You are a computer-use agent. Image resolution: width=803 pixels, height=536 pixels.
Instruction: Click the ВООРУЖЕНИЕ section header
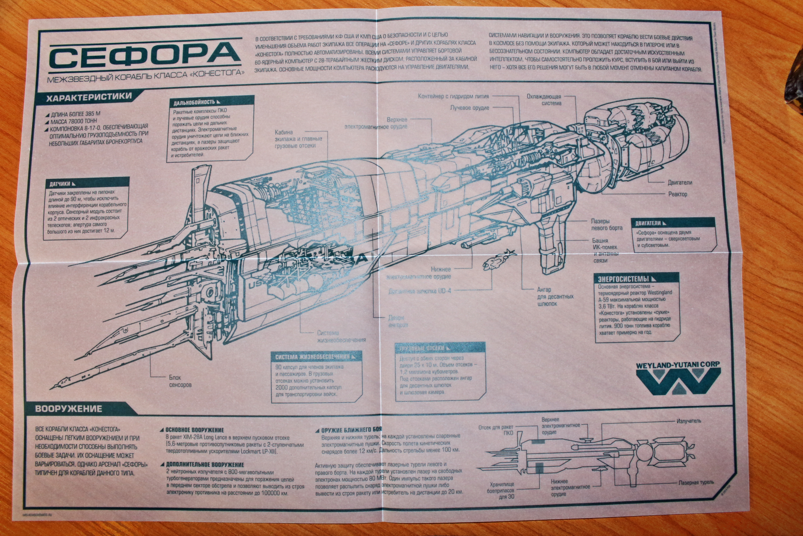(x=69, y=409)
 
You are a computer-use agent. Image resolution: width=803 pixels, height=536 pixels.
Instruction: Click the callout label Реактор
(x=678, y=194)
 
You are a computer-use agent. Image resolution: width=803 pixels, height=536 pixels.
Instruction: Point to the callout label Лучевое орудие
(x=469, y=108)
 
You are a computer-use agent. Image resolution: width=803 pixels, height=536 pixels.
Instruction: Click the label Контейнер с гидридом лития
(x=453, y=97)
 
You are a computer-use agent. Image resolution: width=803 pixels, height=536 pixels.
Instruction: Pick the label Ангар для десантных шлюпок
(x=555, y=296)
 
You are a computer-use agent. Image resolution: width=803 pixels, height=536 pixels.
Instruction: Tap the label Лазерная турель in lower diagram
(x=696, y=483)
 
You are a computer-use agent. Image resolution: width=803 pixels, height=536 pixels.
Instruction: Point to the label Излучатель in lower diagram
(x=688, y=421)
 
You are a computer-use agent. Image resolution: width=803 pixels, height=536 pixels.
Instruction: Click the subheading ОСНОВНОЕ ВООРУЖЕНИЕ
(x=194, y=430)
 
